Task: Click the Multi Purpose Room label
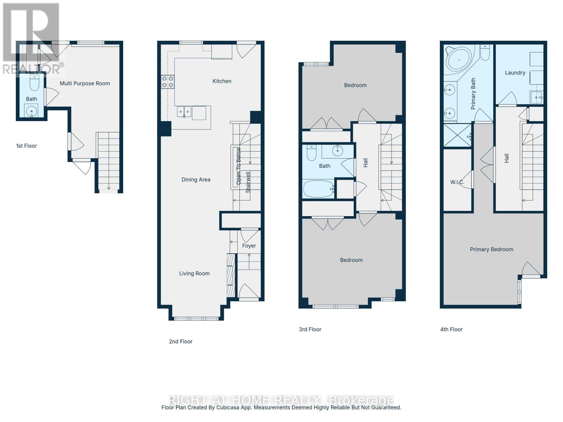[84, 83]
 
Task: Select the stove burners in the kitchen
[167, 82]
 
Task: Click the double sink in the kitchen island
[184, 112]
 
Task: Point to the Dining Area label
[196, 180]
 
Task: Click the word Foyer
[249, 246]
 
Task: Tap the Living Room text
[194, 274]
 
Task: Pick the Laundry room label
[515, 73]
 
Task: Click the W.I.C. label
[457, 182]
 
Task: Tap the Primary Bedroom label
[491, 249]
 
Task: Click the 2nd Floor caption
[181, 341]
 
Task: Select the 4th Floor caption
[451, 330]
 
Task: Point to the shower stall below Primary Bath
[457, 135]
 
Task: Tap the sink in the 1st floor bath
[32, 111]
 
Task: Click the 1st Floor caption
[26, 146]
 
